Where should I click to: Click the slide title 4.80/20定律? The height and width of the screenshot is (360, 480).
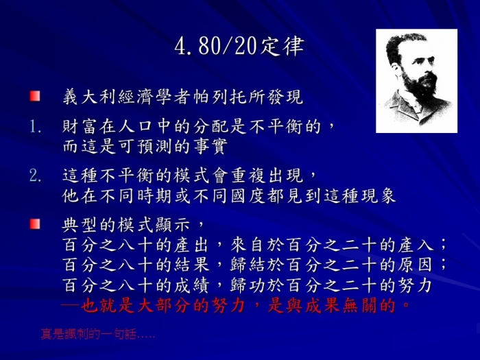click(x=239, y=47)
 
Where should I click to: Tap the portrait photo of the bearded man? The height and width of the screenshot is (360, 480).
click(x=417, y=81)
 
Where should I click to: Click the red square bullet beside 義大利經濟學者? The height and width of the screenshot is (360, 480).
click(x=35, y=96)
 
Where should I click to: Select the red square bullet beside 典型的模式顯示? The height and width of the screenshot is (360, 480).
click(x=35, y=224)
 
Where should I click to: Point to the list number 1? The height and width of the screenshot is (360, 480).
click(x=35, y=126)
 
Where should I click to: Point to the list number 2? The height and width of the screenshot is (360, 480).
click(x=35, y=176)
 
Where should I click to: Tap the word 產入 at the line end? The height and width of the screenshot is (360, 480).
click(x=416, y=245)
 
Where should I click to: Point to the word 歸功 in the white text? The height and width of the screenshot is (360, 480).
click(x=248, y=285)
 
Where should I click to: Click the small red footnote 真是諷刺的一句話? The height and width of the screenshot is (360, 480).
click(x=97, y=334)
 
